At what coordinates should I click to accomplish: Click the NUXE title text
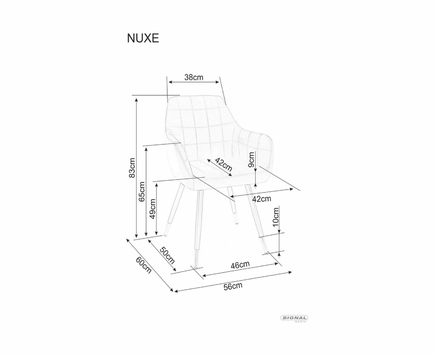143,38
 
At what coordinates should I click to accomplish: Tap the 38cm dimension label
194,77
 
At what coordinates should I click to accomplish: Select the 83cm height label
132,167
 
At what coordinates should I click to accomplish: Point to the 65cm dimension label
142,191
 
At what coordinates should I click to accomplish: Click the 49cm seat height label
152,208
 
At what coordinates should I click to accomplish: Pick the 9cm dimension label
252,160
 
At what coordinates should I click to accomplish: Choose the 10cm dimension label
276,217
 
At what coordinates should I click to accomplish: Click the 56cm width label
233,286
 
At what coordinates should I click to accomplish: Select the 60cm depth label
143,265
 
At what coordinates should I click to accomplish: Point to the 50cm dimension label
167,255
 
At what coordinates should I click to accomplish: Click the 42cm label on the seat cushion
223,165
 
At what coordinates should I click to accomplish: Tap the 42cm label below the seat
261,199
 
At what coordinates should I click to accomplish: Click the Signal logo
294,319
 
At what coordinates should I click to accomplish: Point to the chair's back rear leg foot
237,223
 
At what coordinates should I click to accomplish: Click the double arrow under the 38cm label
194,82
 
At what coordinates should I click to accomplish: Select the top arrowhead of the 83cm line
137,100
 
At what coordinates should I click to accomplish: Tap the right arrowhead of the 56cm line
290,273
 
